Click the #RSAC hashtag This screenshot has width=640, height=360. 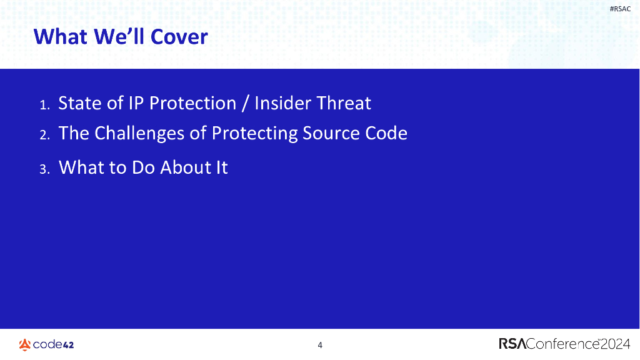tap(620, 9)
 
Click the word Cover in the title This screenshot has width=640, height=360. tap(179, 37)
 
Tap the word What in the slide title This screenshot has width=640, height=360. tap(61, 37)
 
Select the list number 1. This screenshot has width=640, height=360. tap(44, 105)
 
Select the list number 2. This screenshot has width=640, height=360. tap(44, 135)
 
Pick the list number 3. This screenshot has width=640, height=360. tap(44, 169)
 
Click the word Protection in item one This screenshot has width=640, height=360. tap(192, 103)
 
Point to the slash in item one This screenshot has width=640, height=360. tap(245, 104)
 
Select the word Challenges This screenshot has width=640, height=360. tap(139, 134)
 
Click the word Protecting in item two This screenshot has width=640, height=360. tap(255, 134)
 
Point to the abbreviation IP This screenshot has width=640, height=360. tap(136, 103)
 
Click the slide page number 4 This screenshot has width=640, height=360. tap(320, 345)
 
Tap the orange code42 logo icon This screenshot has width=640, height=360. tap(25, 345)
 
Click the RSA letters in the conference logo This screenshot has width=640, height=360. tap(512, 344)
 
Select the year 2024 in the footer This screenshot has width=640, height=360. tap(615, 344)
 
